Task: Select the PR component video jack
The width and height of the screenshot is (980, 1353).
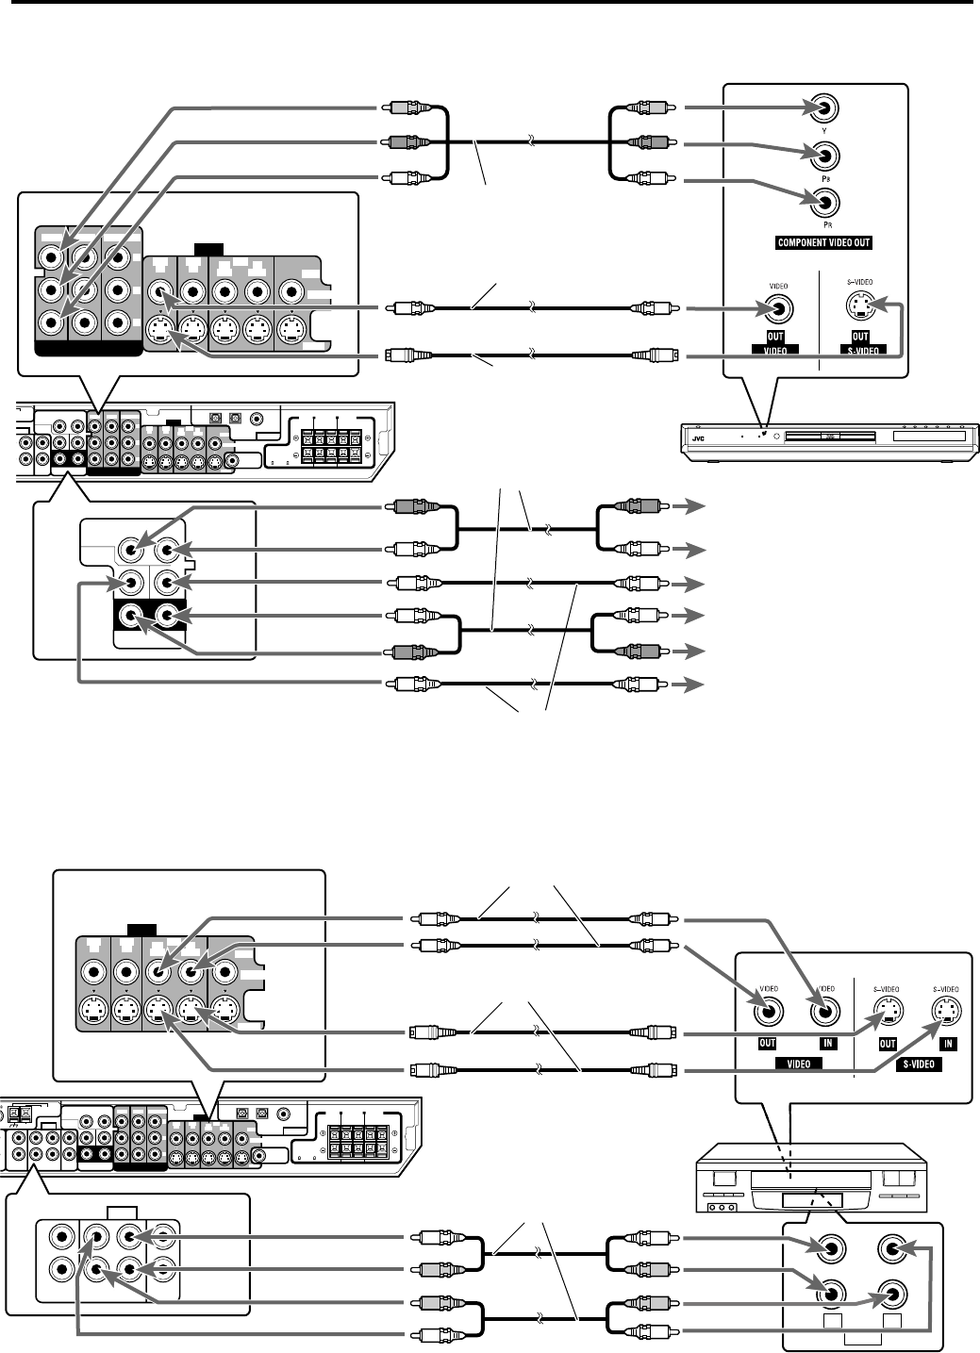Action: point(824,201)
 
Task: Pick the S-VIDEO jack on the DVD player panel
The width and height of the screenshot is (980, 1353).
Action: point(860,305)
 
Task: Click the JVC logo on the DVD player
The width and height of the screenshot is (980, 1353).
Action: point(698,437)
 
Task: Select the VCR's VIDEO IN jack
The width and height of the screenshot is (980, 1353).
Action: point(824,1012)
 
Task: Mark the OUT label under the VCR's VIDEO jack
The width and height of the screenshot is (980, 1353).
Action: point(768,1044)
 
